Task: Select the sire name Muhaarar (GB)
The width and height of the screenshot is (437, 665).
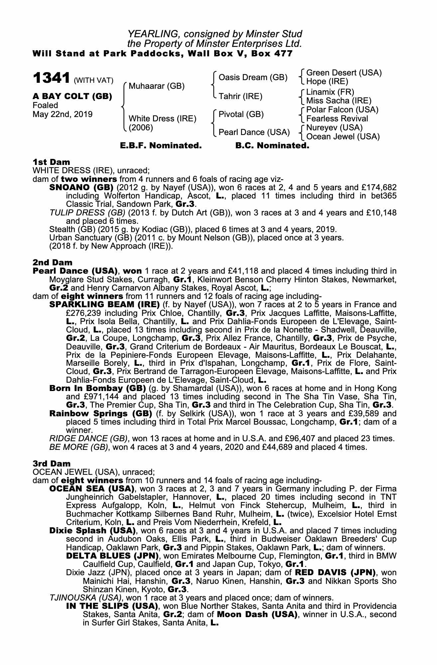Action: point(156,86)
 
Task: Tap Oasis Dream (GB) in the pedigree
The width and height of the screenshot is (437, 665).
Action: point(253,77)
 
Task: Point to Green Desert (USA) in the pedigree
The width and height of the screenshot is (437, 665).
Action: point(344,73)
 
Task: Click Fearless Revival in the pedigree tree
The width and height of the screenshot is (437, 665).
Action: point(337,119)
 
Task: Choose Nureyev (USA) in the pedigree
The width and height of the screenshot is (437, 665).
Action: point(334,128)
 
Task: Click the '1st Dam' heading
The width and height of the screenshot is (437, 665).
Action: point(51,162)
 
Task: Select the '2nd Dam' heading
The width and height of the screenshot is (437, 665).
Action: point(52,263)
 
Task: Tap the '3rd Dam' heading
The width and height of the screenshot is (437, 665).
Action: point(52,464)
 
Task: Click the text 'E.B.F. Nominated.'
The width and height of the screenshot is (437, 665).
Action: point(161,146)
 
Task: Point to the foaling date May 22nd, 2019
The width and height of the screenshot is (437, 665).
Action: point(63,114)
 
